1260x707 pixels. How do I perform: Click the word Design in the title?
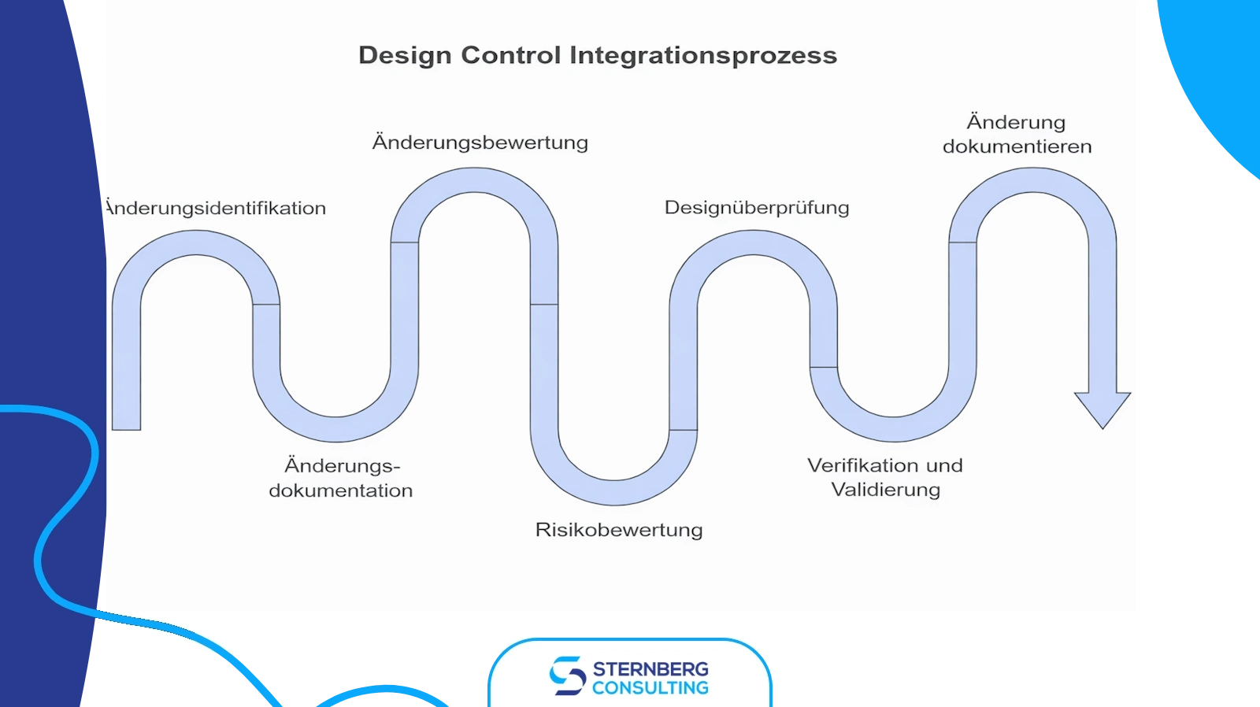coord(404,56)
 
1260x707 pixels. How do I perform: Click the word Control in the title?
coord(510,56)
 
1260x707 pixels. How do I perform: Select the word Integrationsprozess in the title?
coord(703,56)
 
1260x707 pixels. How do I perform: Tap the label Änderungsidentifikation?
coord(215,209)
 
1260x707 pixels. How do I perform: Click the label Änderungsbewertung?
coord(480,143)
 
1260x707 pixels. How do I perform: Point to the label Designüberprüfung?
coord(757,208)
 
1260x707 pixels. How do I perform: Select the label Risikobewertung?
coord(619,530)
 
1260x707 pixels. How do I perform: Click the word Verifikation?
coord(862,465)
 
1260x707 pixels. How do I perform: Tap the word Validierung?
coord(886,490)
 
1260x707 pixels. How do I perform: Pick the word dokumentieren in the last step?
coord(1017,146)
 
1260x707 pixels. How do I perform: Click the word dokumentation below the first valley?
coord(341,490)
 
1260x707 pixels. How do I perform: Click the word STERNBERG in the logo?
coord(650,669)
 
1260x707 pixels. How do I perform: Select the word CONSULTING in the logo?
coord(650,688)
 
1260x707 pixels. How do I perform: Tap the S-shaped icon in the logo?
coord(567,676)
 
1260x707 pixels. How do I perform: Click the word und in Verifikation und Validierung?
coord(945,465)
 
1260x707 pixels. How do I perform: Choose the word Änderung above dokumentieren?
coord(1016,122)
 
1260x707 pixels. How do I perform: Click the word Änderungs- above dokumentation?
coord(343,466)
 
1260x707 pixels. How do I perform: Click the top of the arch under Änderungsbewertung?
coord(475,180)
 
